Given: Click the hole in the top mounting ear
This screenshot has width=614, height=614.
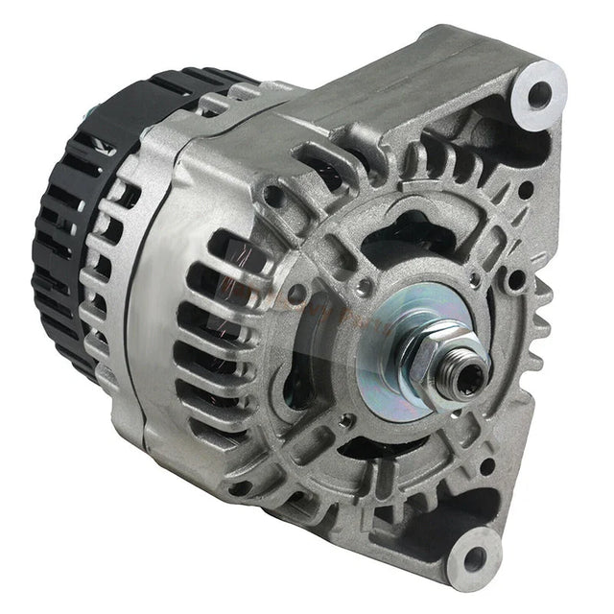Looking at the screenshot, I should (540, 93).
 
